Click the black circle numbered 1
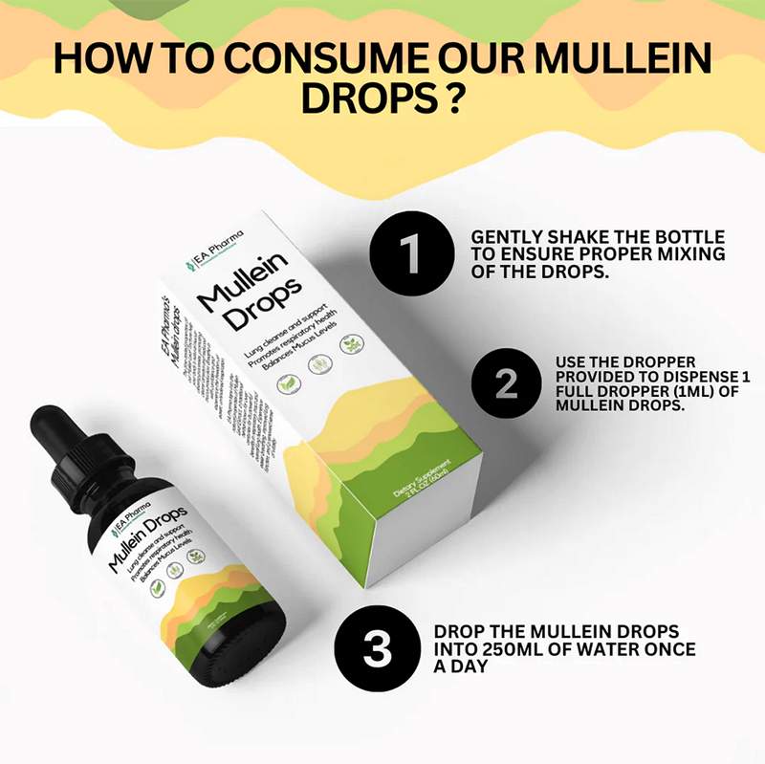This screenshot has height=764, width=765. [410, 251]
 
